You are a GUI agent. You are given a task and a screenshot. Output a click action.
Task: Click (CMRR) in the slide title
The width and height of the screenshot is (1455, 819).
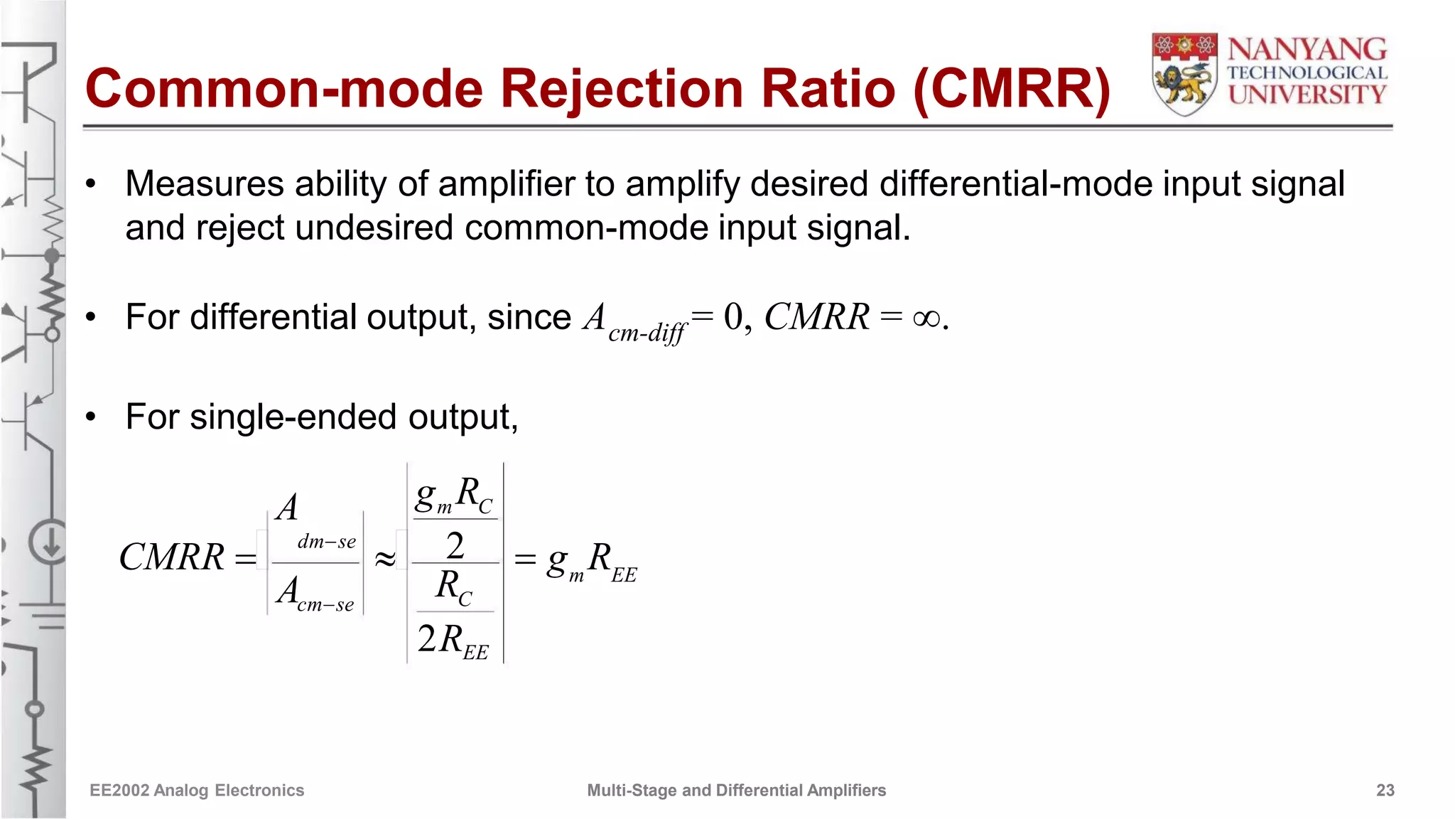pyautogui.click(x=1012, y=89)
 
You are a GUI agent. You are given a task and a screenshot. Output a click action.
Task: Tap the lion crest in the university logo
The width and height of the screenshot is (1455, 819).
pyautogui.click(x=1184, y=74)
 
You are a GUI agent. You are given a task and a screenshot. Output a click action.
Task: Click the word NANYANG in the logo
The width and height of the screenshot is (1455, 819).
pyautogui.click(x=1307, y=50)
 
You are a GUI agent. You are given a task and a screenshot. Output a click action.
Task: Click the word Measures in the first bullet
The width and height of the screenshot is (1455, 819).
pyautogui.click(x=205, y=184)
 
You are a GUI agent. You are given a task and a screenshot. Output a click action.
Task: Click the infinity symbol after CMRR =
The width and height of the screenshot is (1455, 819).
pyautogui.click(x=926, y=318)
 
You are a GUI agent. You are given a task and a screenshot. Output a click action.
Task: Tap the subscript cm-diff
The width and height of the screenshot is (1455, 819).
pyautogui.click(x=647, y=332)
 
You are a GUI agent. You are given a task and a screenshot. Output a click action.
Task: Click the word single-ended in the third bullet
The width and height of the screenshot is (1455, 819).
pyautogui.click(x=293, y=417)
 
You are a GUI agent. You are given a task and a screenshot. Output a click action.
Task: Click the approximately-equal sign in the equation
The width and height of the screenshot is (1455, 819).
pyautogui.click(x=385, y=559)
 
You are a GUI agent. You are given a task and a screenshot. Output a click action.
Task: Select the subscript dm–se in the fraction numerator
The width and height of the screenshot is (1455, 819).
pyautogui.click(x=326, y=542)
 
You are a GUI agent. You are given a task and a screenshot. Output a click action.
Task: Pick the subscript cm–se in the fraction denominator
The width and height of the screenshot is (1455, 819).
pyautogui.click(x=325, y=605)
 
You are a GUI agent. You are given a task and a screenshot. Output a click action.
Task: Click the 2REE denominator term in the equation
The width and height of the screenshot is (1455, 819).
pyautogui.click(x=453, y=639)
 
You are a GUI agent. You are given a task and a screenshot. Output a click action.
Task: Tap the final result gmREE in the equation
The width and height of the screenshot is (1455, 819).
pyautogui.click(x=592, y=560)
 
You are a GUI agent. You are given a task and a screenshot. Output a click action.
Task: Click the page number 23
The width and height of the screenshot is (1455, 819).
pyautogui.click(x=1385, y=791)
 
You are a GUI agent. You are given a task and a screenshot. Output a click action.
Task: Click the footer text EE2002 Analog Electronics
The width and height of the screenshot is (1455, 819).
pyautogui.click(x=197, y=791)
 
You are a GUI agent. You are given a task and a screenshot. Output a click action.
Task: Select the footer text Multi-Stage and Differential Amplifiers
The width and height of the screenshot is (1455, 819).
pyautogui.click(x=736, y=791)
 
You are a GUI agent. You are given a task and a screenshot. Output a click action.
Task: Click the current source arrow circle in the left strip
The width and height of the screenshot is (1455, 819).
pyautogui.click(x=48, y=544)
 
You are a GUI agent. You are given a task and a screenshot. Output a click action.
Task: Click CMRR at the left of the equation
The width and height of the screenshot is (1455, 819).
pyautogui.click(x=172, y=557)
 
